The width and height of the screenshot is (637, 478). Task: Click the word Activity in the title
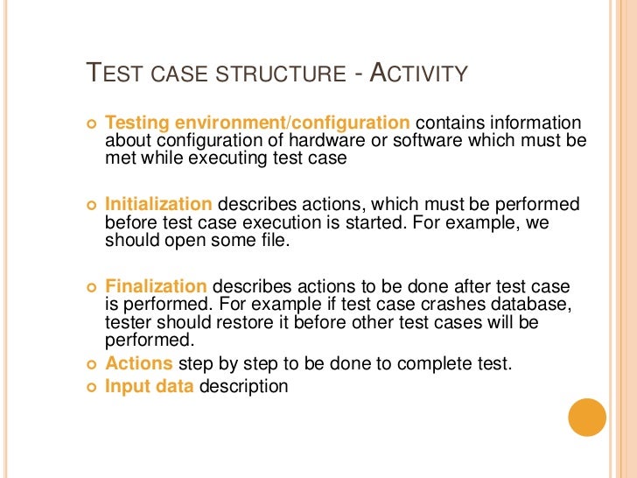[x=417, y=74]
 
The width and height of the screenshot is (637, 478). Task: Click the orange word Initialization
[x=158, y=204]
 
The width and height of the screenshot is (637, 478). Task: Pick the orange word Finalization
[x=156, y=286]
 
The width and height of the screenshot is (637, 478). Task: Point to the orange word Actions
[x=141, y=363]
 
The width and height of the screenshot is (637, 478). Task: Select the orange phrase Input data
[x=150, y=385]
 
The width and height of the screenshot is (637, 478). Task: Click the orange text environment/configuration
[x=290, y=123]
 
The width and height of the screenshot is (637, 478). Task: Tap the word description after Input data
[x=243, y=385]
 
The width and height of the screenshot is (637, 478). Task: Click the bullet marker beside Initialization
[x=90, y=205]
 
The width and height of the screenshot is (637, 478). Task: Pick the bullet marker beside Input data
[x=90, y=386]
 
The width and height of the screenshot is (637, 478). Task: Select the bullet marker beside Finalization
[x=90, y=287]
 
